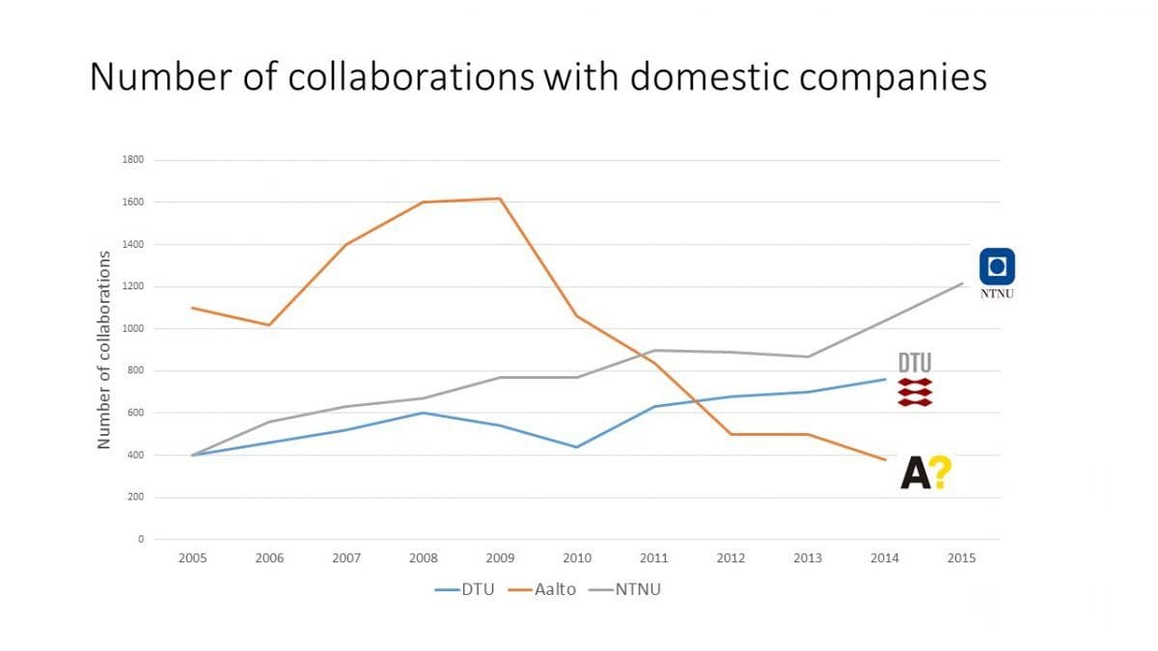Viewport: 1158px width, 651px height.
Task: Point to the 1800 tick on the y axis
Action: point(133,160)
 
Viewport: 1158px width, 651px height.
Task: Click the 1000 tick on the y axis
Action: point(133,329)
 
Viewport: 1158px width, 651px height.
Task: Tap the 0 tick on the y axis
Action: point(140,539)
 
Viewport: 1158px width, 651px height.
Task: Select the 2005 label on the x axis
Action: point(192,558)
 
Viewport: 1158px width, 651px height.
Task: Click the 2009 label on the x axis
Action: point(500,558)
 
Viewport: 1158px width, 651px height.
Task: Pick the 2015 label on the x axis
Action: point(961,558)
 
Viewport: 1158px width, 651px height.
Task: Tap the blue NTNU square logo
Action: point(997,265)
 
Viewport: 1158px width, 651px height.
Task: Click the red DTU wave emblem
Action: point(915,392)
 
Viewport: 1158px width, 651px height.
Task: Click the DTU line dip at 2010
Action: point(577,448)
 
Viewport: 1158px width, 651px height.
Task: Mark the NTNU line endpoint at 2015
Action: point(962,284)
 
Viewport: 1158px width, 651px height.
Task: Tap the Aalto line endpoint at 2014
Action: point(885,459)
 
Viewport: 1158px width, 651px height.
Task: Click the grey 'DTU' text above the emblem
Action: point(915,364)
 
